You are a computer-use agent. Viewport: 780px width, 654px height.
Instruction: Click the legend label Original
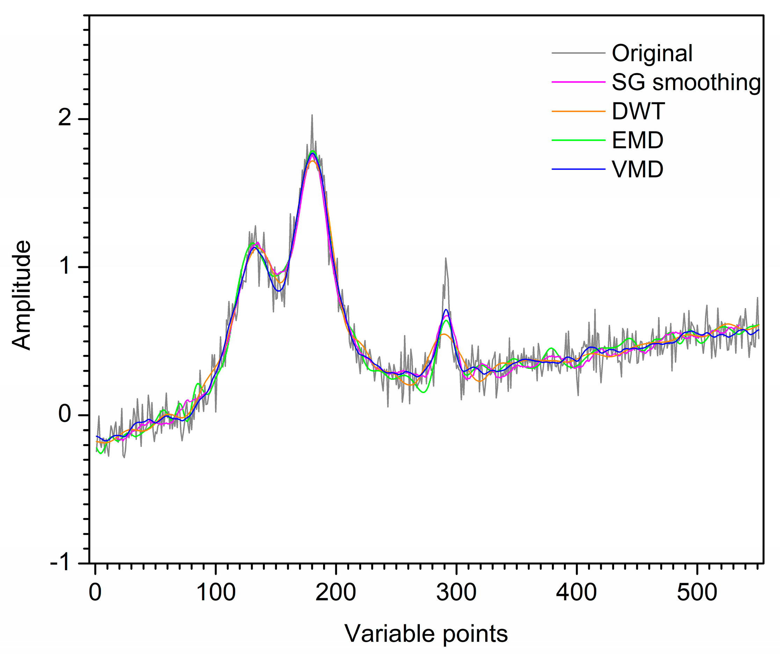pyautogui.click(x=652, y=53)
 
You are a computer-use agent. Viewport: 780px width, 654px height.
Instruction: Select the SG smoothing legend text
pyautogui.click(x=686, y=82)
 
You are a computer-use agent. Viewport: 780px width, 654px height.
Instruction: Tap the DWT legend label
pyautogui.click(x=638, y=111)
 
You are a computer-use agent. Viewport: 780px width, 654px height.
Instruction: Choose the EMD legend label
pyautogui.click(x=637, y=140)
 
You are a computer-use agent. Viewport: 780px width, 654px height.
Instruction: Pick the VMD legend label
pyautogui.click(x=637, y=169)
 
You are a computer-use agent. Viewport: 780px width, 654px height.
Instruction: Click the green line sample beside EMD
pyautogui.click(x=578, y=140)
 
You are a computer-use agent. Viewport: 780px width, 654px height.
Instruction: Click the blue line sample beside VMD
pyautogui.click(x=578, y=169)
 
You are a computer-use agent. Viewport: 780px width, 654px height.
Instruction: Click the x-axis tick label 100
pyautogui.click(x=216, y=593)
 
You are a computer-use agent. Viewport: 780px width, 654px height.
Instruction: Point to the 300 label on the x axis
pyautogui.click(x=456, y=593)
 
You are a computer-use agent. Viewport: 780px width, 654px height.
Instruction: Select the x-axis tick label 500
pyautogui.click(x=697, y=593)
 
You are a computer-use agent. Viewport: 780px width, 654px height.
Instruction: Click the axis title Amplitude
pyautogui.click(x=22, y=295)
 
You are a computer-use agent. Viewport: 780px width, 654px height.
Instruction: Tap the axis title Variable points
pyautogui.click(x=426, y=634)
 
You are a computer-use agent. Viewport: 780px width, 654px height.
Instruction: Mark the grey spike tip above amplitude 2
pyautogui.click(x=312, y=115)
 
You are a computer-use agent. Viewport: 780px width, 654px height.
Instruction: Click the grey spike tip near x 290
pyautogui.click(x=445, y=258)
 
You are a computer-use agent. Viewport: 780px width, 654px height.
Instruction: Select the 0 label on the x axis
pyautogui.click(x=95, y=593)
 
